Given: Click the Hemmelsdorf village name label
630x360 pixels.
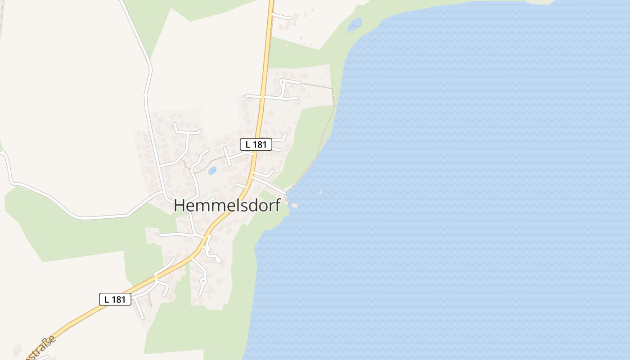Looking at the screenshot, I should coord(227,205).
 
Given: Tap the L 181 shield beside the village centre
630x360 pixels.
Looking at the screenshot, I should coord(256,144).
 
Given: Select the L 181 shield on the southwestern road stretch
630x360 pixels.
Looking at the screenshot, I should coord(115,299).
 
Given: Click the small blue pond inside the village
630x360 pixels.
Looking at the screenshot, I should coord(212,171).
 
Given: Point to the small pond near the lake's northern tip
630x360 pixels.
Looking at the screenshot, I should coord(354,25).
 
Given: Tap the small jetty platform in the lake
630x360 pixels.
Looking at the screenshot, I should coord(294,205).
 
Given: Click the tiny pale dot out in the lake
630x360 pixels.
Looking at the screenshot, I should coord(320,193).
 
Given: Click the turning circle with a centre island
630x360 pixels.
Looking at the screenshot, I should coord(202,281).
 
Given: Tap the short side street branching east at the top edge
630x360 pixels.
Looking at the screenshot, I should coord(282,16).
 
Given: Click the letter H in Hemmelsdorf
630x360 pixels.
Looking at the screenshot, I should coord(179,205).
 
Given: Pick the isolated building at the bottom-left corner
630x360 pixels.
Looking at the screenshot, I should coord(18,349).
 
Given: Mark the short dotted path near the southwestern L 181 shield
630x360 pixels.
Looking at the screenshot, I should coord(150,300).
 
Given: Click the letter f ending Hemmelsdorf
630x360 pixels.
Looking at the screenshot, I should coord(277,205).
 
